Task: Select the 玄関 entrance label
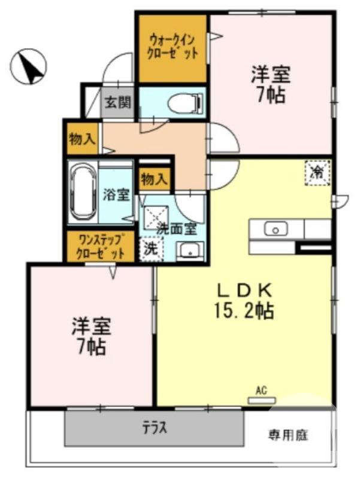(118, 103)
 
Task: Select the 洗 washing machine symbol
(150, 248)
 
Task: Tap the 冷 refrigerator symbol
(317, 174)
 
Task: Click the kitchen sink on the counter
(276, 228)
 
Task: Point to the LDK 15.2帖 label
(244, 301)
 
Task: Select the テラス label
(155, 429)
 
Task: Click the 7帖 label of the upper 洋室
(271, 95)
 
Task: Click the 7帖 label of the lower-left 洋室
(92, 345)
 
